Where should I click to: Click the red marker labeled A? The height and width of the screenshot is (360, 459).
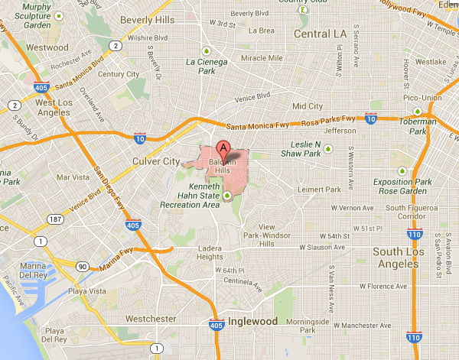pyautogui.click(x=223, y=148)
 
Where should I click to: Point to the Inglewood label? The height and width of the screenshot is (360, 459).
pyautogui.click(x=252, y=322)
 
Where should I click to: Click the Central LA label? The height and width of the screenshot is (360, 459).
pyautogui.click(x=320, y=34)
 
